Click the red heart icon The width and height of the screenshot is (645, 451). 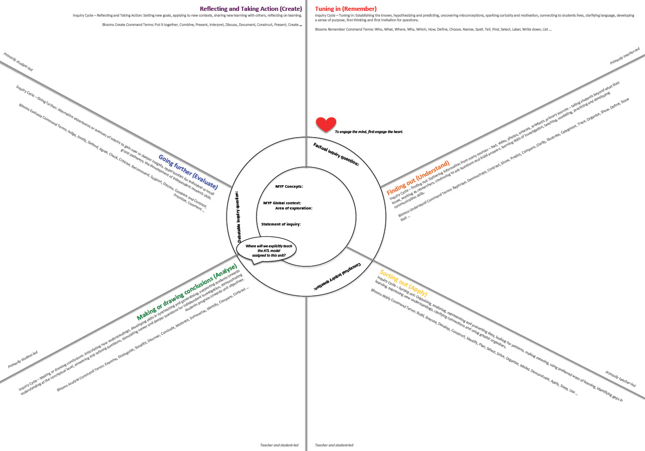[x=326, y=124]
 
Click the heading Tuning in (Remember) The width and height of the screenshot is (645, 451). [x=346, y=9]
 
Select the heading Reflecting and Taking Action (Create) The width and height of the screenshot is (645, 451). [x=250, y=9]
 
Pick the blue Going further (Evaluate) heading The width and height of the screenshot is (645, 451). [x=188, y=171]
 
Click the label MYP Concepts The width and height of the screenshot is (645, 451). [x=289, y=186]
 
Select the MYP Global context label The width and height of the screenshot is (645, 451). [x=282, y=203]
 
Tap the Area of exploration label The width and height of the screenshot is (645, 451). [x=293, y=208]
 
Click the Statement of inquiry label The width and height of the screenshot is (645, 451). [x=281, y=224]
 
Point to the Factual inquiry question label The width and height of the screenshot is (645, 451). [x=336, y=154]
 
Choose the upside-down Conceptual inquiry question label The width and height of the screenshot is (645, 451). [x=336, y=274]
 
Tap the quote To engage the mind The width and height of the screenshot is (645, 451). [x=369, y=132]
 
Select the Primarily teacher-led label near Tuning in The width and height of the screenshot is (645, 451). [x=624, y=56]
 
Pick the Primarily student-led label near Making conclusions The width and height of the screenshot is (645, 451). [x=23, y=359]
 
